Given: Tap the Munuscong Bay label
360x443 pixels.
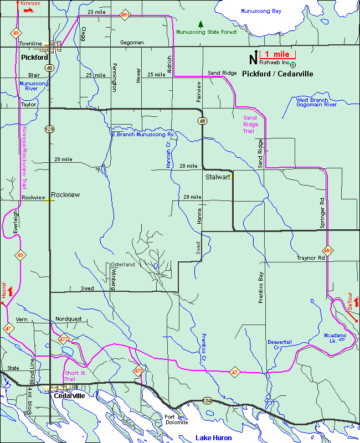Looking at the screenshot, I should [x=261, y=11].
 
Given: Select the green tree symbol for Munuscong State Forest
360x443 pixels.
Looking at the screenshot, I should [x=201, y=24].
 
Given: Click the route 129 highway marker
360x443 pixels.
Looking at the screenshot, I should [x=49, y=129].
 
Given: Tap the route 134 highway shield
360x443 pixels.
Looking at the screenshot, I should [x=207, y=400].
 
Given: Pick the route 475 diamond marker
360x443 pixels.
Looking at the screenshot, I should [x=138, y=370].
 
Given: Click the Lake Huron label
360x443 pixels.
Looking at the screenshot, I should [x=214, y=438].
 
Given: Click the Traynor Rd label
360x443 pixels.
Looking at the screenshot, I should [x=310, y=257].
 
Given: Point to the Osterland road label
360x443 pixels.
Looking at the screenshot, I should [x=122, y=265].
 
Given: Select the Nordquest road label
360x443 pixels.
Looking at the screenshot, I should [x=68, y=319].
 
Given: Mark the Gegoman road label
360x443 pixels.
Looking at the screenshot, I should [x=132, y=43].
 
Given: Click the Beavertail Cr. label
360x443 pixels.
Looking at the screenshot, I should [x=279, y=344].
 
